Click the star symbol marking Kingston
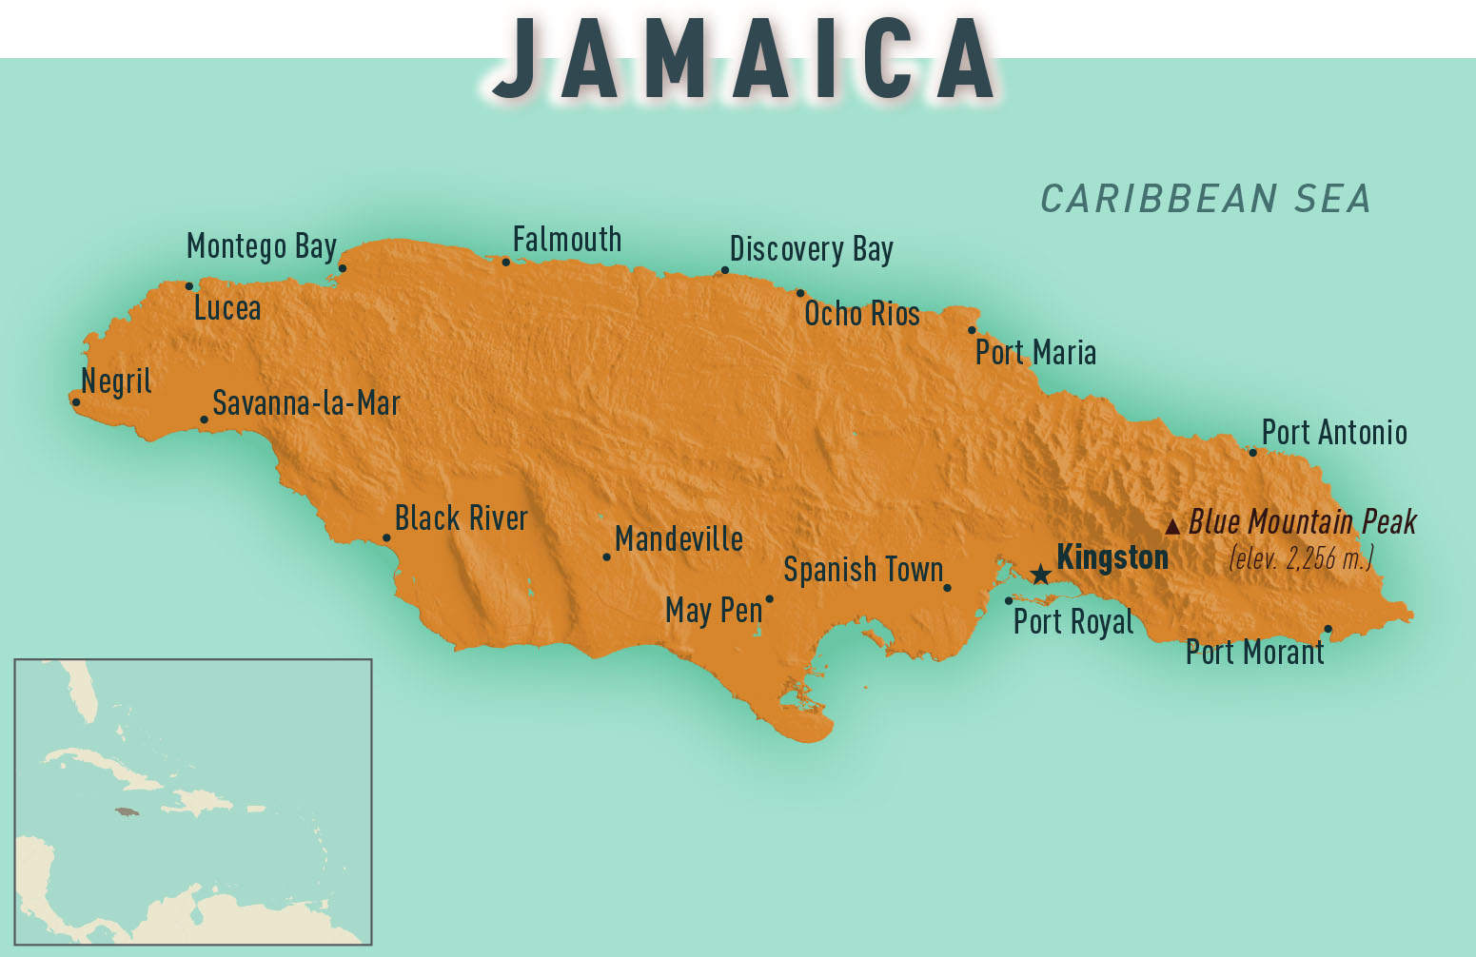tap(1041, 574)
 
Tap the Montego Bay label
tap(262, 246)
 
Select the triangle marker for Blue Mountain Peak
tap(1172, 526)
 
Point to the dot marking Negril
tap(76, 402)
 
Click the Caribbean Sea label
tap(1205, 199)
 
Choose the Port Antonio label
tap(1334, 433)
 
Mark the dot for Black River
tap(386, 538)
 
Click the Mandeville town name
tap(679, 539)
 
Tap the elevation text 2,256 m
tap(1301, 557)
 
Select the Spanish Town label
tap(863, 570)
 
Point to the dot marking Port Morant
tap(1328, 629)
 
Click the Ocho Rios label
tap(862, 314)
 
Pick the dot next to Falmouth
tap(506, 263)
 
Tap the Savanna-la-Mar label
tap(306, 403)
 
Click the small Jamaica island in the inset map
tap(127, 811)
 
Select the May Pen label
tap(714, 610)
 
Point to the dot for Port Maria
tap(972, 331)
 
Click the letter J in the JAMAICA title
tap(515, 59)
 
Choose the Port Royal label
tap(1073, 622)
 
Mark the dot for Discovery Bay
tap(725, 270)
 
